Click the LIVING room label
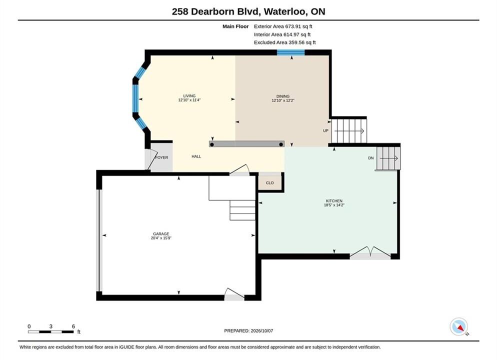[189, 95]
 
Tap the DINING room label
[282, 96]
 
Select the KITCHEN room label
[334, 200]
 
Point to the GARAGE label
[161, 234]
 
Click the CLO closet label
[269, 183]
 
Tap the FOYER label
[161, 157]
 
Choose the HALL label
[196, 156]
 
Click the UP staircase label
[325, 130]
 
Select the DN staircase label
[371, 158]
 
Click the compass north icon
[458, 326]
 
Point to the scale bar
[50, 332]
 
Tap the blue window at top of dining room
[291, 52]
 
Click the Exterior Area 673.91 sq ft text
[283, 26]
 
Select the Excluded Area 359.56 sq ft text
[284, 42]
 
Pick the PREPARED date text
[248, 330]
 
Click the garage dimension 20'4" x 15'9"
[161, 238]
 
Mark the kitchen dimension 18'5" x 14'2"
[334, 205]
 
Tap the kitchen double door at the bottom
[370, 253]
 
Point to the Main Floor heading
[235, 26]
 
